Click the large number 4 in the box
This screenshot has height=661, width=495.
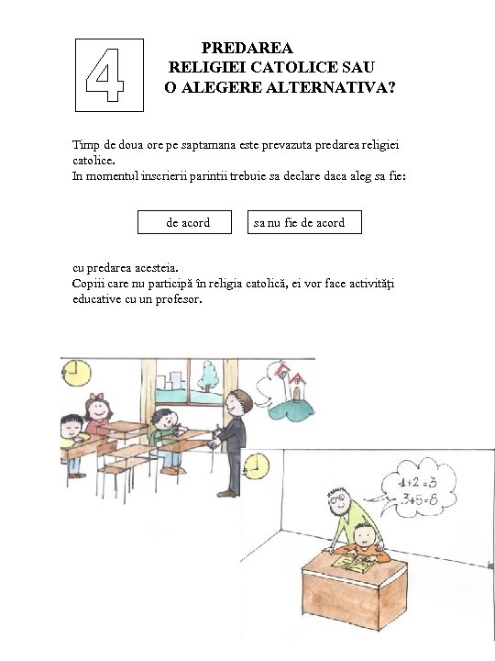pyautogui.click(x=108, y=74)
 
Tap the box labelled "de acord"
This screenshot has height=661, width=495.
pyautogui.click(x=187, y=222)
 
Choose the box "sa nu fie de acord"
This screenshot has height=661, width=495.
pyautogui.click(x=305, y=222)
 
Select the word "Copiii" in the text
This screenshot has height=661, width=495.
pyautogui.click(x=89, y=285)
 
